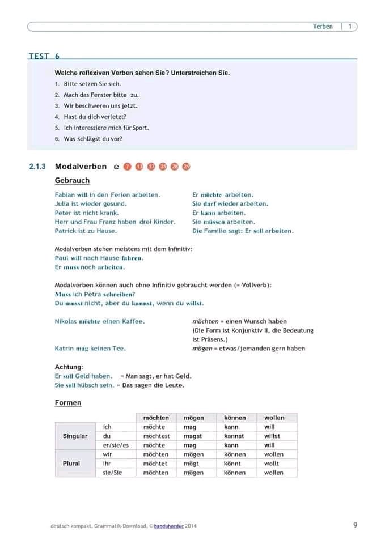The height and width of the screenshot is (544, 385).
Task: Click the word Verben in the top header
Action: tap(323, 27)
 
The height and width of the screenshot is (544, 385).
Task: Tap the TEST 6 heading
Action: tap(44, 56)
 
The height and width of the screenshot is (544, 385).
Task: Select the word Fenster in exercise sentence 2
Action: tap(101, 95)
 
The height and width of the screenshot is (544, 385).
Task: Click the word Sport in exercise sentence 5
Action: tap(140, 127)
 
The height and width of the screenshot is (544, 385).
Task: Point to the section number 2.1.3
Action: tap(38, 167)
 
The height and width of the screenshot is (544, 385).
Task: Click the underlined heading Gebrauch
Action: tap(72, 180)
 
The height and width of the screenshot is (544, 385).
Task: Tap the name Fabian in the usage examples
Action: tap(65, 194)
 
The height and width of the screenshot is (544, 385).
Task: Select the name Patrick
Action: tap(66, 231)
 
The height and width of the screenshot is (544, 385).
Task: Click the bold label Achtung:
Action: tap(69, 367)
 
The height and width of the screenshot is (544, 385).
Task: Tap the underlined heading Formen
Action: tap(68, 403)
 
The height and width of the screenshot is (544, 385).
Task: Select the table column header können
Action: tap(234, 418)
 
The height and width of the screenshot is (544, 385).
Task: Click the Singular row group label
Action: tap(75, 436)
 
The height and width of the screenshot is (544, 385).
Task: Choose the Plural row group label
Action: tap(71, 463)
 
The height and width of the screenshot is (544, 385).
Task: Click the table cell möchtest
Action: tap(156, 436)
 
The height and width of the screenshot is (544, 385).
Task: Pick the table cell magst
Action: tap(193, 436)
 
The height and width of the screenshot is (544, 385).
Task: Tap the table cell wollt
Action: tap(272, 463)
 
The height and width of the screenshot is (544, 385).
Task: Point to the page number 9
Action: tap(355, 525)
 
